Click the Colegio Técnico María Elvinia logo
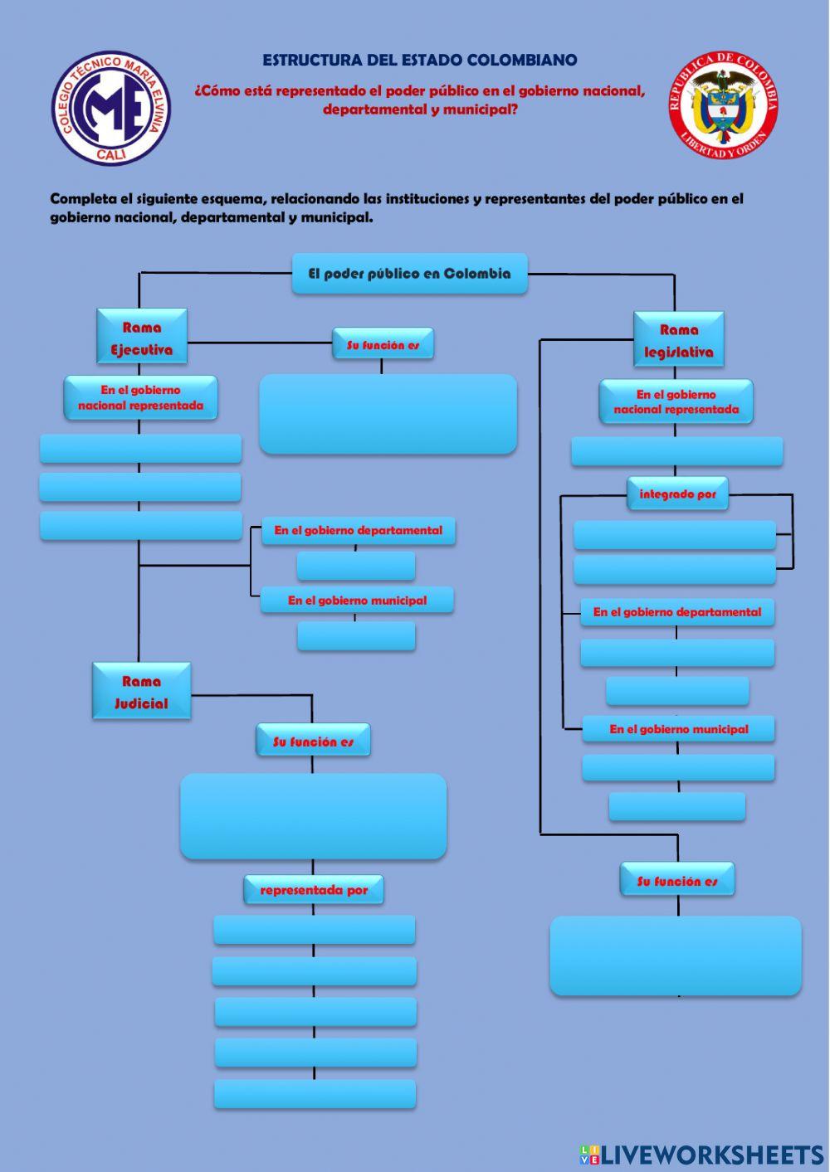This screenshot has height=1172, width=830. coord(111,108)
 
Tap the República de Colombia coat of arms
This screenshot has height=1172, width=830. coord(723,105)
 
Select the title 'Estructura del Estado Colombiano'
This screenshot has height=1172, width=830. coord(420,60)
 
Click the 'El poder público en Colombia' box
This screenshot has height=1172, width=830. coord(409,274)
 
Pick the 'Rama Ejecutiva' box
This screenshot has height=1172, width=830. coord(142,338)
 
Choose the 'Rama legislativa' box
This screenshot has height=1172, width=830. coord(679,340)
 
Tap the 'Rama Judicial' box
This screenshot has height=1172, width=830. coord(141,692)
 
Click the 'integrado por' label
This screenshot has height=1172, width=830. coord(677,494)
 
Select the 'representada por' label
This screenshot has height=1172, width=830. coord(314,890)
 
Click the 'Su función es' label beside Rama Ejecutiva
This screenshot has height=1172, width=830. coord(383,344)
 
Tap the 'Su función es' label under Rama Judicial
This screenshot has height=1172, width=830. coord(313,742)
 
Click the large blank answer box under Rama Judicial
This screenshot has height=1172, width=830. coord(313,816)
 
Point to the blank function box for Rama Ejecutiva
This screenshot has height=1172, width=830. coord(388,414)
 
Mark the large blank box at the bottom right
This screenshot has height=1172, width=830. coord(676,956)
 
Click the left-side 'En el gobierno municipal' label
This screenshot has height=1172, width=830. coord(357,601)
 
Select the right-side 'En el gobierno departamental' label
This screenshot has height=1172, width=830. coord(676,612)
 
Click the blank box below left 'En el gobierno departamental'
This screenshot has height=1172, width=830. coord(356,567)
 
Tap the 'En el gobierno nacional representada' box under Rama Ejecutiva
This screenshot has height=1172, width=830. coord(140,397)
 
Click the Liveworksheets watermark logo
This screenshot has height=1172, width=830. coord(701,1154)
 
